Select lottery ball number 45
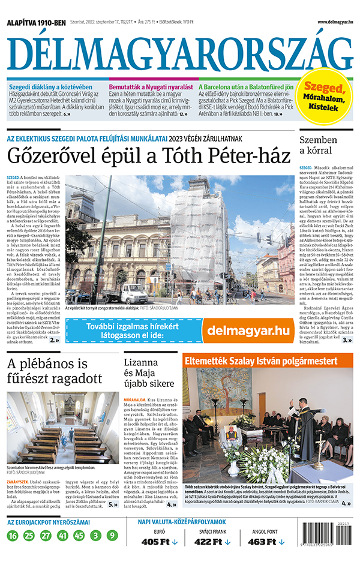(x=79, y=535)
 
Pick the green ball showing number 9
(x=112, y=535)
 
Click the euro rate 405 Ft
(x=160, y=542)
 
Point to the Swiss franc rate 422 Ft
(x=212, y=542)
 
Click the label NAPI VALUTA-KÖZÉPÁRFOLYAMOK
(x=182, y=522)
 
